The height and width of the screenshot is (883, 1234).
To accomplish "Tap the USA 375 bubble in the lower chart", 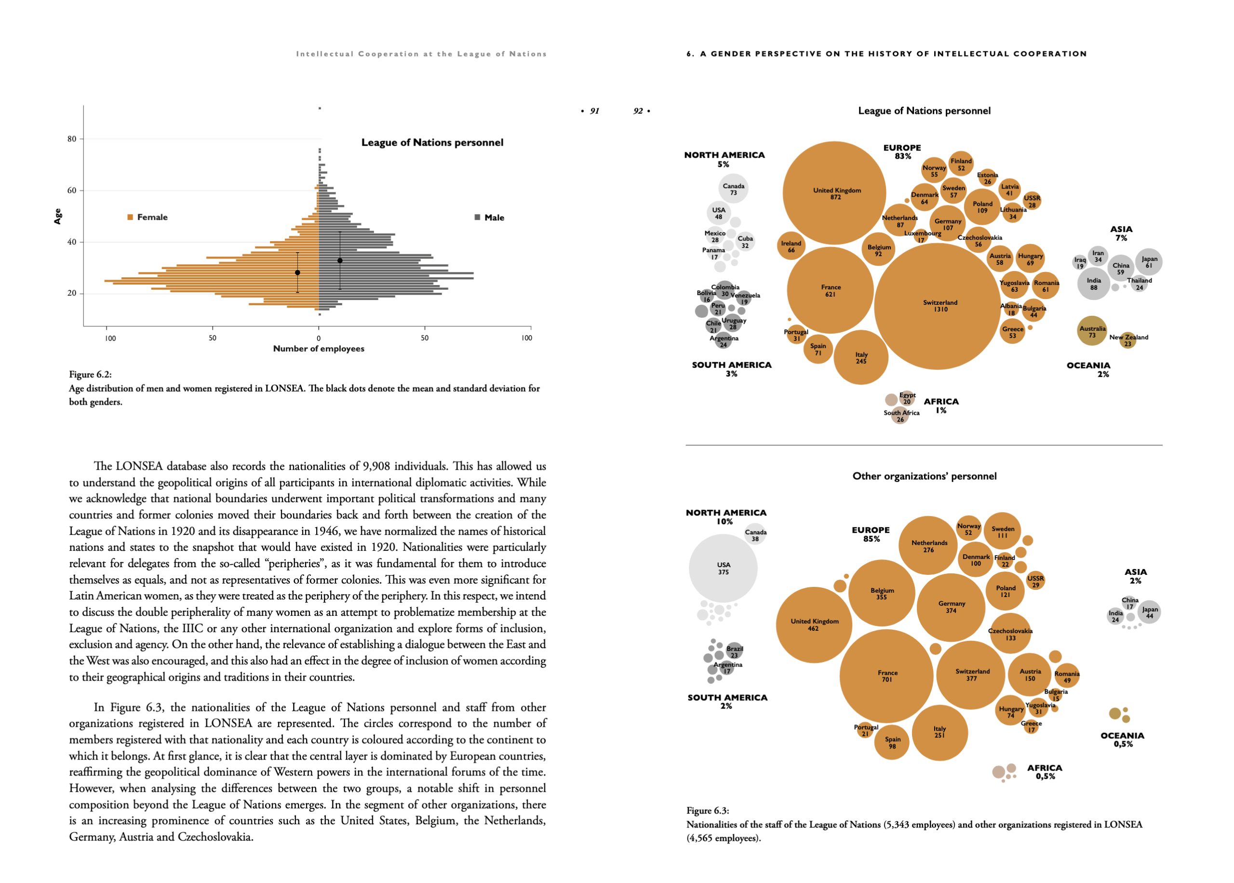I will coord(723,568).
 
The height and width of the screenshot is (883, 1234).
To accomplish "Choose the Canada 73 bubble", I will coord(733,189).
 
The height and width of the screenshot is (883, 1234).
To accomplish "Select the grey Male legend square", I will coord(477,217).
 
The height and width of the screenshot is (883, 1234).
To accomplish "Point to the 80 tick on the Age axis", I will coord(72,139).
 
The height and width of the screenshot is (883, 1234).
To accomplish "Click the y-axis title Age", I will coord(57,217).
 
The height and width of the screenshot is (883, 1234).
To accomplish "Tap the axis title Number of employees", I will coord(319,349).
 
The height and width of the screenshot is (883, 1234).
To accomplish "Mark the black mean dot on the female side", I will coord(297,273).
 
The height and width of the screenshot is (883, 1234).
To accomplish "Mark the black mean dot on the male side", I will coord(340,260).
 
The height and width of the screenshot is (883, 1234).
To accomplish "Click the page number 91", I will coord(594,111).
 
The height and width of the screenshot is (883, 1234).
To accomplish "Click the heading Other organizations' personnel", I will coord(924,476).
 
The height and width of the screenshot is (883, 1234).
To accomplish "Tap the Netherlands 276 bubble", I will coord(928,545).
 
